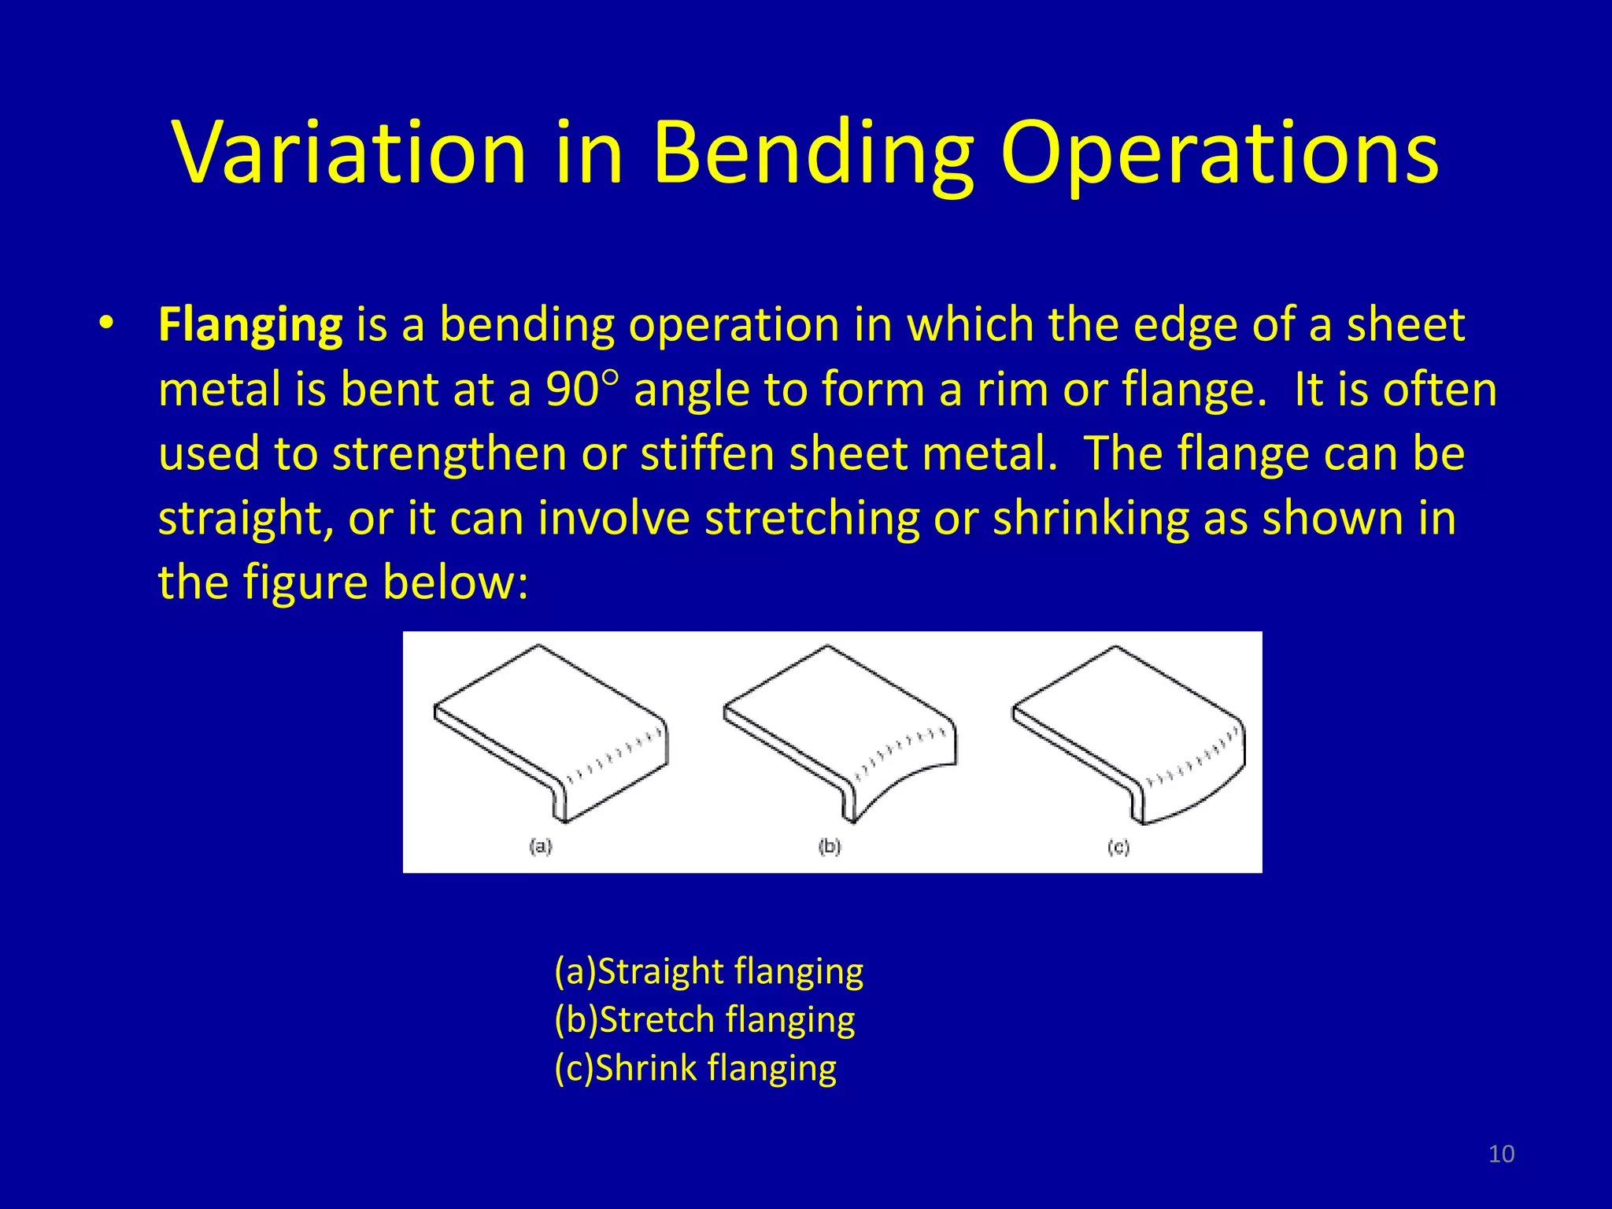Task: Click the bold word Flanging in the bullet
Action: [250, 324]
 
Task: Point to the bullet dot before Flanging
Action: [107, 324]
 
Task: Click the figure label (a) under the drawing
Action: [541, 847]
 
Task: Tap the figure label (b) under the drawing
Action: [830, 847]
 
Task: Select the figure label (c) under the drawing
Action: [1118, 847]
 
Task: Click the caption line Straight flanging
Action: [708, 971]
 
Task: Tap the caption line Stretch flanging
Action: [704, 1019]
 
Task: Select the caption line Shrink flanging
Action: [695, 1068]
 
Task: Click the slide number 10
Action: [1501, 1154]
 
